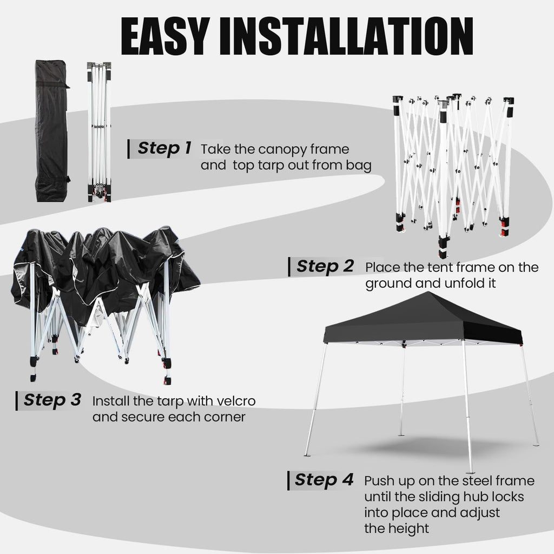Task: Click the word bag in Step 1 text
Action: [359, 165]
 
